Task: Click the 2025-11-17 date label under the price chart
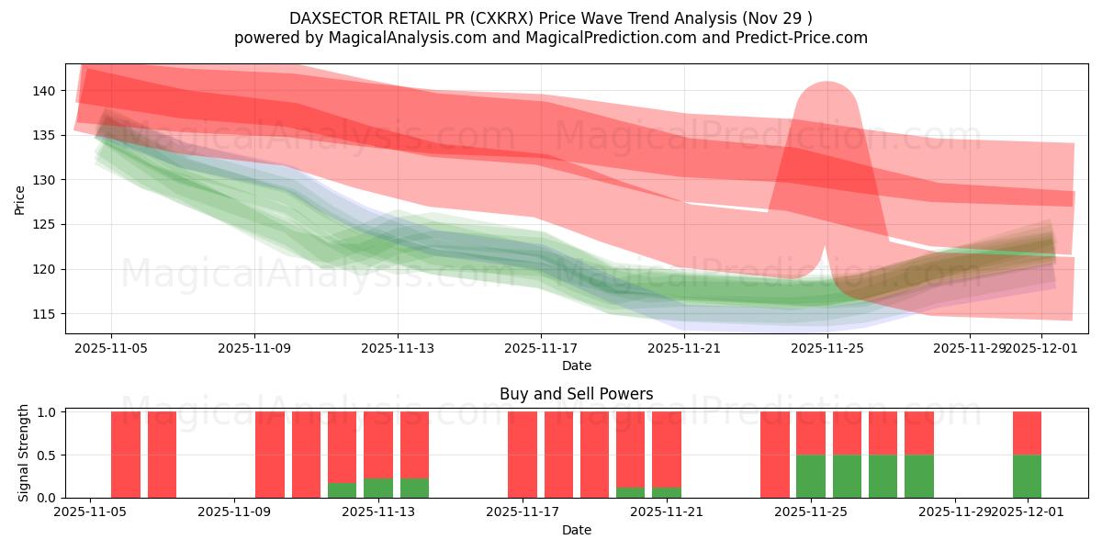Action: pos(541,348)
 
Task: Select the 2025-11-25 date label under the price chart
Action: pos(827,348)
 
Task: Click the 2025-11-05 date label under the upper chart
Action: pos(111,348)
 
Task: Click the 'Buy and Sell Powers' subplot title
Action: pos(576,394)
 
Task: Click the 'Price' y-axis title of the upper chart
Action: pos(20,198)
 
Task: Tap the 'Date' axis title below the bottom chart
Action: pos(576,530)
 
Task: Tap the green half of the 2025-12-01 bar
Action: pos(1027,476)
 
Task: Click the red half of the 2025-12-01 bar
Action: pos(1027,433)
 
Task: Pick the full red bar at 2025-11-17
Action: pos(523,455)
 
